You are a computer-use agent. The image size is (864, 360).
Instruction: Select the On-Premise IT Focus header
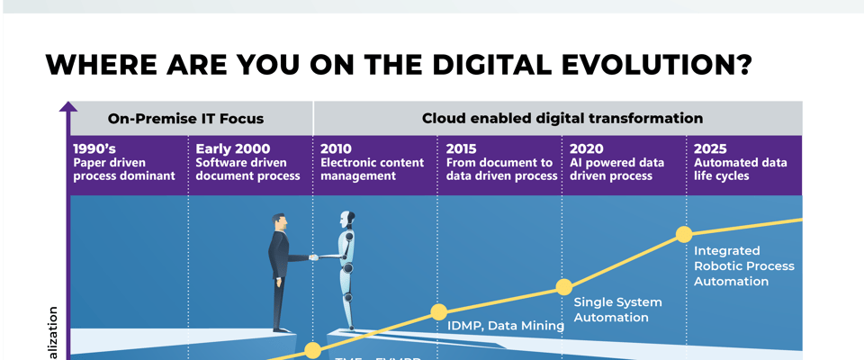[185, 118]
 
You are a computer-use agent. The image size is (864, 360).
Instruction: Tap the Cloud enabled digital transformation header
[562, 118]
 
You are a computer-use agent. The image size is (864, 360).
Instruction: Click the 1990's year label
[93, 148]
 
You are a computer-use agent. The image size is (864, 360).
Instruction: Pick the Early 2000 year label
[232, 148]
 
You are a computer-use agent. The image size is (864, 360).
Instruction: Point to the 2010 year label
[337, 148]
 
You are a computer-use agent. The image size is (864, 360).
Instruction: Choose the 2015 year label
[461, 148]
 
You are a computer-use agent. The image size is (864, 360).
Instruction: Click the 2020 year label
[587, 148]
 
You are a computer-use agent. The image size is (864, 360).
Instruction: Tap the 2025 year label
[711, 148]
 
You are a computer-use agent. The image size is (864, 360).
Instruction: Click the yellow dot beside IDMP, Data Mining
[438, 312]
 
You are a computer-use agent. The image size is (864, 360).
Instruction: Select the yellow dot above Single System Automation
[563, 287]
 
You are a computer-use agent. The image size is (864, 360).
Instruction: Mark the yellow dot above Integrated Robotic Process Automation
[684, 235]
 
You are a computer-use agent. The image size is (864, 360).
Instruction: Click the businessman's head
[280, 221]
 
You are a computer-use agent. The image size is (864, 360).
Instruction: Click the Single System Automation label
[617, 310]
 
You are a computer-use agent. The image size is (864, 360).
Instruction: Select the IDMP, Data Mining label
[505, 326]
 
